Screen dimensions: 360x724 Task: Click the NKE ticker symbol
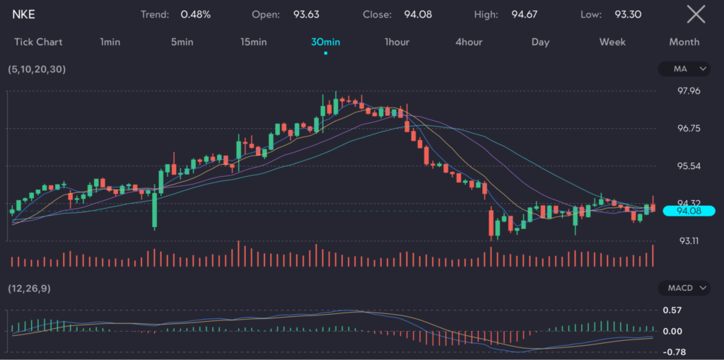(x=24, y=14)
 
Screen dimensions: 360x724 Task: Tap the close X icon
(x=696, y=14)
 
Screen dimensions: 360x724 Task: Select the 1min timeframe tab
(x=110, y=42)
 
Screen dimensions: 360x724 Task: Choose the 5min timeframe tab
(x=182, y=42)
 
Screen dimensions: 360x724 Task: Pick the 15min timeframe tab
(x=253, y=42)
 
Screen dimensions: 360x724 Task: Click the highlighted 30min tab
(x=325, y=42)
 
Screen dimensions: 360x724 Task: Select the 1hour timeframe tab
(x=397, y=42)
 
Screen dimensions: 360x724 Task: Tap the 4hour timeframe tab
(x=469, y=42)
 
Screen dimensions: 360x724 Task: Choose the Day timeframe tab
(x=540, y=42)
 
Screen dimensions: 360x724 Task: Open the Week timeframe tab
(x=612, y=42)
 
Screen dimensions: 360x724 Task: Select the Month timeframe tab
(x=684, y=42)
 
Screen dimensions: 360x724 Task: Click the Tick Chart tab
(x=38, y=42)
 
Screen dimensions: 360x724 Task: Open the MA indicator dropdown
(x=684, y=69)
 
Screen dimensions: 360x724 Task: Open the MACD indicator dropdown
(x=684, y=288)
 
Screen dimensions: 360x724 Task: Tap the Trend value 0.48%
(x=195, y=14)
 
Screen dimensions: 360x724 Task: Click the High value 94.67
(x=525, y=14)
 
